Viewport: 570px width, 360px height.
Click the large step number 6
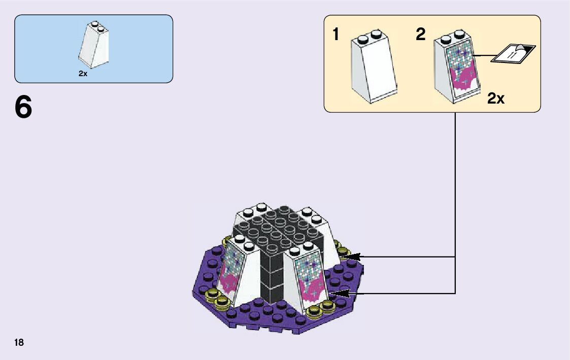pyautogui.click(x=23, y=107)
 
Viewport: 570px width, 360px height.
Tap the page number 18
pyautogui.click(x=19, y=342)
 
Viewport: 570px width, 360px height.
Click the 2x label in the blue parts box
pyautogui.click(x=83, y=74)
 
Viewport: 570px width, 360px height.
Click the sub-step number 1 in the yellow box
pyautogui.click(x=336, y=35)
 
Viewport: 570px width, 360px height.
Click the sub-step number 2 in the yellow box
pyautogui.click(x=420, y=35)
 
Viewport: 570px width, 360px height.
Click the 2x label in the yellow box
pyautogui.click(x=495, y=99)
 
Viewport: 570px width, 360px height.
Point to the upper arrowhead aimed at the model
pyautogui.click(x=351, y=256)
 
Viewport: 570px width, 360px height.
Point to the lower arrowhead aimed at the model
pyautogui.click(x=338, y=293)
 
